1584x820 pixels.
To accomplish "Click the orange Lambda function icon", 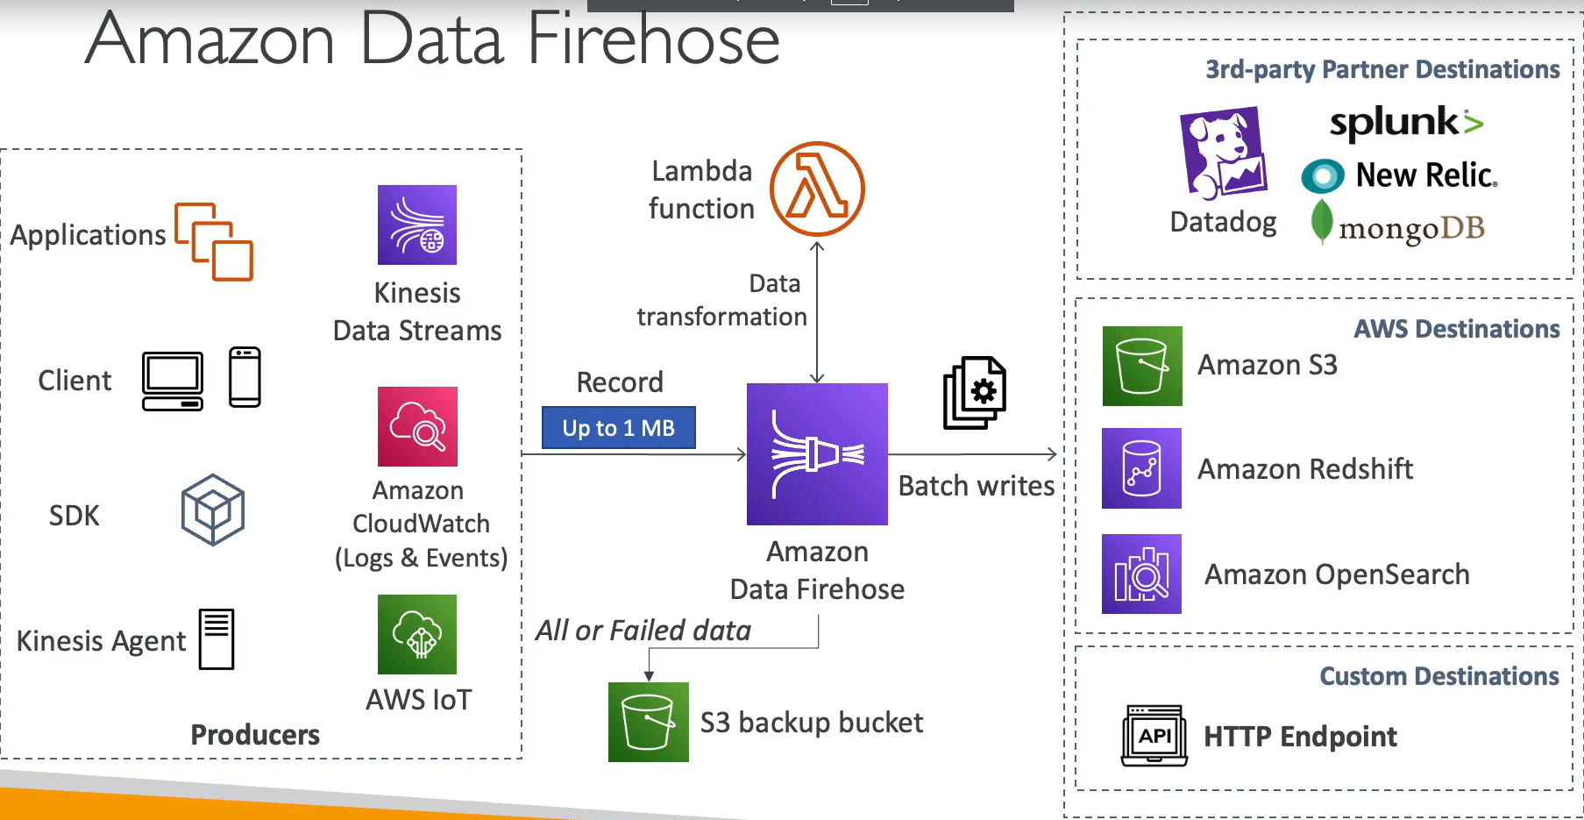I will pos(817,189).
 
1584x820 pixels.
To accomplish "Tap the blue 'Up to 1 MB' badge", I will pos(618,428).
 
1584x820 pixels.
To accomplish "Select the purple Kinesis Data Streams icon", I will pos(417,225).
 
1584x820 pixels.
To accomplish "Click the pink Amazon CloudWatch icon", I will pos(417,426).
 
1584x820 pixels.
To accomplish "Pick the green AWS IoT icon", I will pos(417,634).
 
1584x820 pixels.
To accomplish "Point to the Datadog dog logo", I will pos(1224,153).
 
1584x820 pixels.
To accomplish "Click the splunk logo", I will pos(1406,122).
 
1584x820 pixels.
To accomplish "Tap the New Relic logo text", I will pos(1426,175).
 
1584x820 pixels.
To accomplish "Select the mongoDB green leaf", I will pos(1321,221).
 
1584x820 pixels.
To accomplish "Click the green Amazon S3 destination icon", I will pos(1142,366).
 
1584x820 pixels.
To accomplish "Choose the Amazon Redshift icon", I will pos(1141,468).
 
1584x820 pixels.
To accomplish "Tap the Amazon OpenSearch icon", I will pos(1141,574).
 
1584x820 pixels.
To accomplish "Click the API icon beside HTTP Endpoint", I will pos(1154,736).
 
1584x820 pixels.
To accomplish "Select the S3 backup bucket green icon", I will pos(649,722).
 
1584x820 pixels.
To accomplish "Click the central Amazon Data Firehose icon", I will pos(817,454).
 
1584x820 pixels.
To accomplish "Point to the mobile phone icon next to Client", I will pos(245,377).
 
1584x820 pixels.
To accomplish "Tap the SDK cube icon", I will pos(212,510).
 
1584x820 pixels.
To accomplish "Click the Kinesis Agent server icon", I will pos(216,638).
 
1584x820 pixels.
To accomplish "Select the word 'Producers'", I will pos(255,735).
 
